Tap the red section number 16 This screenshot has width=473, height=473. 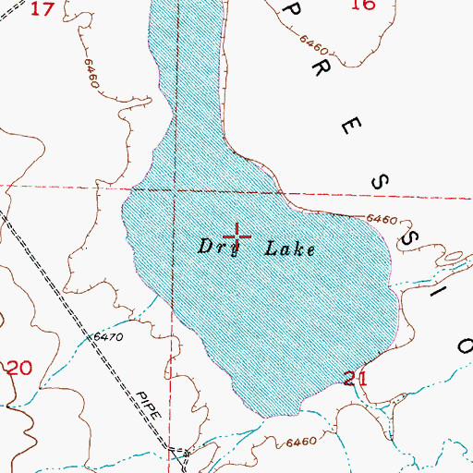364,5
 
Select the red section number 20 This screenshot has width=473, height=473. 18,368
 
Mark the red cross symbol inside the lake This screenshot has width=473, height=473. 236,236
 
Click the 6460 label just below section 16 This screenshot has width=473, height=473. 314,43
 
